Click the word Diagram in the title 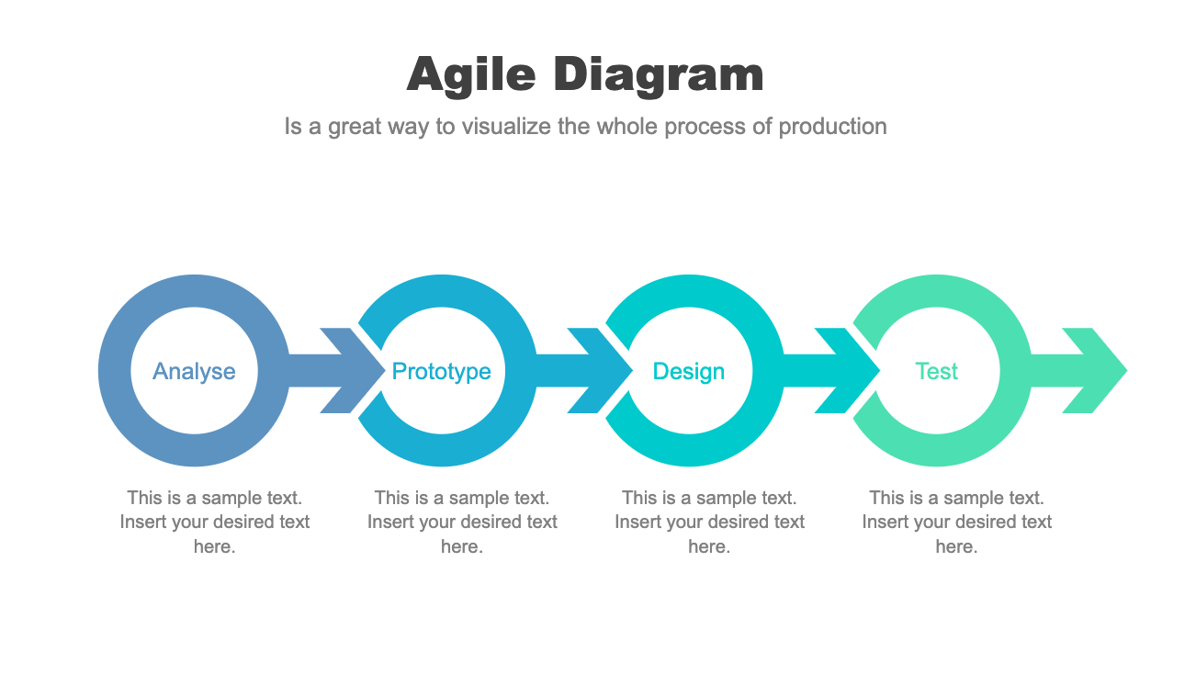pyautogui.click(x=659, y=74)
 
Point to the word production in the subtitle pyautogui.click(x=832, y=126)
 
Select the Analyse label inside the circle pyautogui.click(x=194, y=371)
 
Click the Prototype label pyautogui.click(x=441, y=371)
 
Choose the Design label pyautogui.click(x=689, y=371)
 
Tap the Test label pyautogui.click(x=936, y=371)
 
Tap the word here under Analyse pyautogui.click(x=214, y=546)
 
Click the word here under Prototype pyautogui.click(x=461, y=546)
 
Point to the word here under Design pyautogui.click(x=708, y=546)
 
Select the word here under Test pyautogui.click(x=955, y=546)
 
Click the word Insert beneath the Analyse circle pyautogui.click(x=141, y=522)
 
